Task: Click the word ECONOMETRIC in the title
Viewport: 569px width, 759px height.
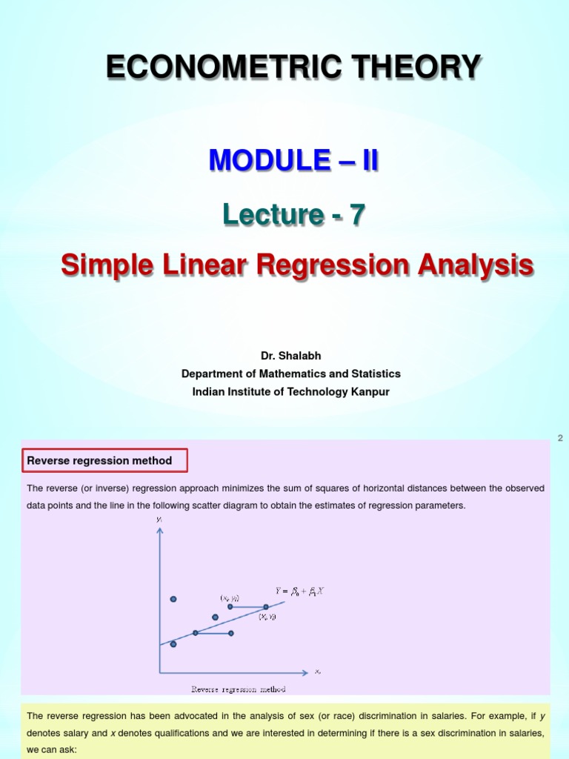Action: pos(207,67)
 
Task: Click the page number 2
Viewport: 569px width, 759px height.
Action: pos(560,438)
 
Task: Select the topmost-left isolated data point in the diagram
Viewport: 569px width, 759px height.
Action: pos(173,599)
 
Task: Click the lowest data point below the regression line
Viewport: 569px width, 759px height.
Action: pos(173,644)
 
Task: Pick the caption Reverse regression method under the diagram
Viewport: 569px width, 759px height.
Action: pos(238,689)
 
